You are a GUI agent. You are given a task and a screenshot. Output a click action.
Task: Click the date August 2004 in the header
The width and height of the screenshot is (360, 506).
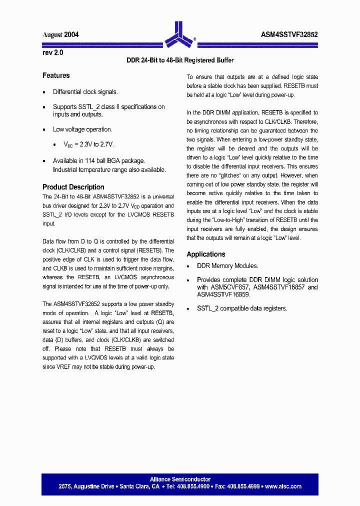coord(60,35)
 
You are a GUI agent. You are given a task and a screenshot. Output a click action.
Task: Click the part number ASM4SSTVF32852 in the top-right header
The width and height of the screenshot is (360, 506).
coord(289,35)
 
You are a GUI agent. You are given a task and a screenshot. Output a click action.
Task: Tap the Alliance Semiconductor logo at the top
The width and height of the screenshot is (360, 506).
coord(179,33)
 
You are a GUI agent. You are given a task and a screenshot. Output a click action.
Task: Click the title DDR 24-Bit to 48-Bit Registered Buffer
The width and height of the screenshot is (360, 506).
coord(180,60)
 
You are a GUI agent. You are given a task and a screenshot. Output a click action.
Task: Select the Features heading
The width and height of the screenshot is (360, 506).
coord(56,75)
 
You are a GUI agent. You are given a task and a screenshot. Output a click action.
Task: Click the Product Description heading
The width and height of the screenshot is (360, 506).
coord(73,187)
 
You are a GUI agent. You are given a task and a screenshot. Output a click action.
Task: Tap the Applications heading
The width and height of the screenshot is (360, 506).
coord(206,254)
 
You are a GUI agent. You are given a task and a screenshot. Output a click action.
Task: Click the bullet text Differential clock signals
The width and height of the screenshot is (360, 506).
coord(85,92)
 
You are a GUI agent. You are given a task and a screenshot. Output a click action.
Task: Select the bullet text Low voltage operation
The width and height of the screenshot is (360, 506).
coord(82,129)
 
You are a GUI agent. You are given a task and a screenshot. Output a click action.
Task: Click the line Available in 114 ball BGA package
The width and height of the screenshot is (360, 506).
coord(99,161)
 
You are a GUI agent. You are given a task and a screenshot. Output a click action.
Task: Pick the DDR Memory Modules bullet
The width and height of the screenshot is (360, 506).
coord(227,266)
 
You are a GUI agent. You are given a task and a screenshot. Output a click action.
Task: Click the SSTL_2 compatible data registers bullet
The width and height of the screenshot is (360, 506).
coord(242,308)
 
